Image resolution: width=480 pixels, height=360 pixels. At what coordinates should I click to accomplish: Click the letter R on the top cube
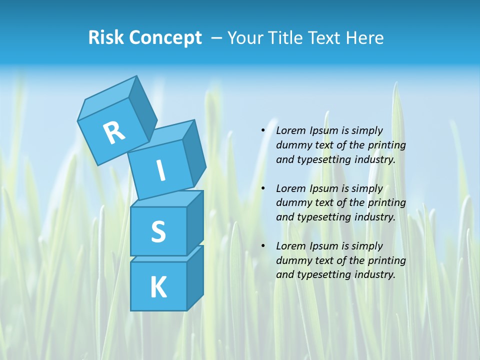(x=114, y=132)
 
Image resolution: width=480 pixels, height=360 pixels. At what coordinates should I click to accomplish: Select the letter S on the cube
(x=158, y=231)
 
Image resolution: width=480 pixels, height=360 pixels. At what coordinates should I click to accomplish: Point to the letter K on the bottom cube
(x=158, y=287)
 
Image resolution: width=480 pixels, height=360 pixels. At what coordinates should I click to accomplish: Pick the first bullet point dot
(x=263, y=130)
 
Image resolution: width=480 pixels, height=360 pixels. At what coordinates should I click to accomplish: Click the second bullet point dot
(x=263, y=188)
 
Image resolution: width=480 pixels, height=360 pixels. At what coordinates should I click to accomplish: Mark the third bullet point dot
(x=263, y=246)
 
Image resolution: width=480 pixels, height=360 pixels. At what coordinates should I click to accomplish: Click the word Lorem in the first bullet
(x=291, y=130)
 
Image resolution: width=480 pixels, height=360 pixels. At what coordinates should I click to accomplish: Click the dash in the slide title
(x=217, y=38)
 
